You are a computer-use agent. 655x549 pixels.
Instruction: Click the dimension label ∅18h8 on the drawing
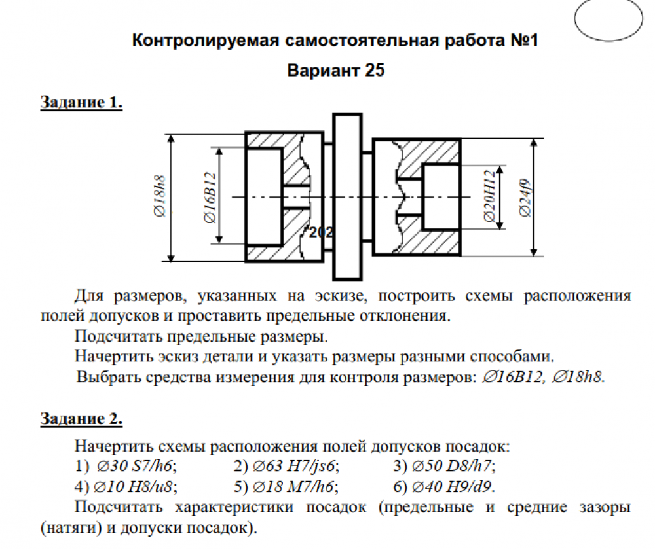[160, 196]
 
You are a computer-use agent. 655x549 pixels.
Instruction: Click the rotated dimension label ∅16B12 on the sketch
[210, 197]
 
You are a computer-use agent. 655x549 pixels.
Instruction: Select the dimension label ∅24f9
[525, 198]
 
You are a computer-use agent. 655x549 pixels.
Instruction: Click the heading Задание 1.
[81, 102]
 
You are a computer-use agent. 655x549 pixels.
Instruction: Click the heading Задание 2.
[81, 418]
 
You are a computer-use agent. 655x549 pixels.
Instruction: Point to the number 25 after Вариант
[375, 70]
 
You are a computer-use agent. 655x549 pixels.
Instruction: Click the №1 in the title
[524, 40]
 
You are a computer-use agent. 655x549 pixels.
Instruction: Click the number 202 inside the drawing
[321, 232]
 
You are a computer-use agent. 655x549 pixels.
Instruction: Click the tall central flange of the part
[347, 196]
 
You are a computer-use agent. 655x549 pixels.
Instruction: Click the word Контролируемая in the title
[205, 41]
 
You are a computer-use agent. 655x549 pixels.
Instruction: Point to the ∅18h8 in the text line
[578, 377]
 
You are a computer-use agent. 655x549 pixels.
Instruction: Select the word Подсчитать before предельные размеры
[118, 336]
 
